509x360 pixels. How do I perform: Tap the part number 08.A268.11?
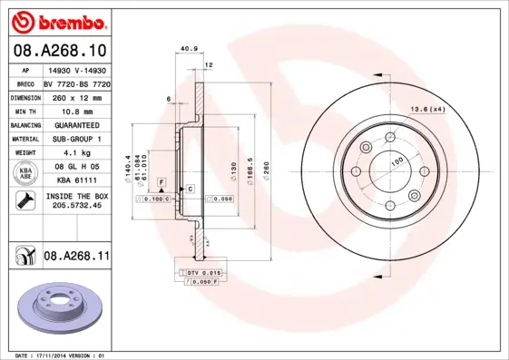click(76, 258)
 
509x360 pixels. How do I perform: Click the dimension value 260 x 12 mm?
click(76, 96)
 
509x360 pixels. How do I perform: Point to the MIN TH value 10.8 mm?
click(76, 111)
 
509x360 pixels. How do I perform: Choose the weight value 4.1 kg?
click(76, 154)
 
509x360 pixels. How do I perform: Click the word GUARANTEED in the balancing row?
click(76, 125)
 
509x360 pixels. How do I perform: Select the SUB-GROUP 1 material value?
click(76, 140)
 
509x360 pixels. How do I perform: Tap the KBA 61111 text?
click(76, 180)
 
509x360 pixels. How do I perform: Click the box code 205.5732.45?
click(76, 206)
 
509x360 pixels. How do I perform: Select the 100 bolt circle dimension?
click(396, 161)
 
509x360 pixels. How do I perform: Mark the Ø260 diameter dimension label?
click(267, 170)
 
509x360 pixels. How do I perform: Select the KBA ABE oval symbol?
click(25, 173)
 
